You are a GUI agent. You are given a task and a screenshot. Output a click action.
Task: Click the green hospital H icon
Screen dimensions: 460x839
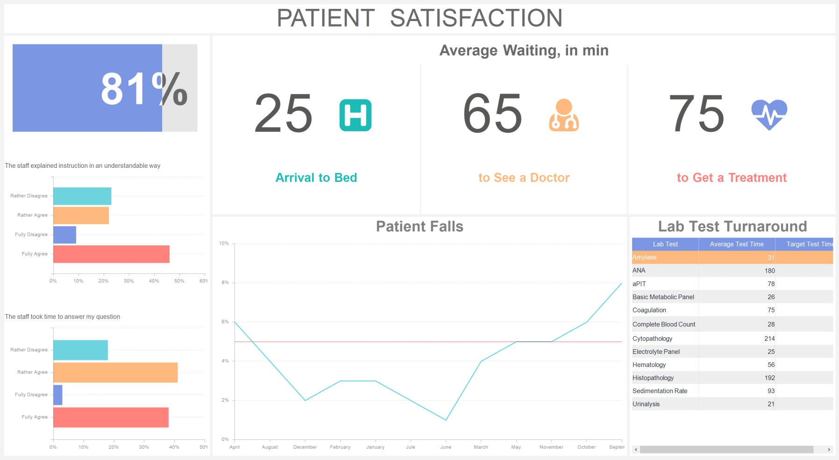[356, 115]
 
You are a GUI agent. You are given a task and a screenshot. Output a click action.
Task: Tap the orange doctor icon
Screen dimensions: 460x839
[564, 115]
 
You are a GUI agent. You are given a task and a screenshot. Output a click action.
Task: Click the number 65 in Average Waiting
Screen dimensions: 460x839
[492, 114]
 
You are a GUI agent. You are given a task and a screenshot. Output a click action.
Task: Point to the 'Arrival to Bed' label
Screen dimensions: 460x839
[316, 178]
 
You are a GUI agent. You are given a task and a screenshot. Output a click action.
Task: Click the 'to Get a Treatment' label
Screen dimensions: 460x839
[732, 178]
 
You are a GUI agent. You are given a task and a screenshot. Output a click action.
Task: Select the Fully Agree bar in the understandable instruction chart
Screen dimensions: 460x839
[111, 254]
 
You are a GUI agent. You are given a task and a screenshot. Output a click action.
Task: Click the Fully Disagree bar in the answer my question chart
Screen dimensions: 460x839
[58, 395]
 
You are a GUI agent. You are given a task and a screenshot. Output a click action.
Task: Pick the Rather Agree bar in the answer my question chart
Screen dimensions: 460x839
[115, 373]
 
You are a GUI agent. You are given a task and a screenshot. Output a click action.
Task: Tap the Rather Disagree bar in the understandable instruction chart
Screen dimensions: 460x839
[82, 196]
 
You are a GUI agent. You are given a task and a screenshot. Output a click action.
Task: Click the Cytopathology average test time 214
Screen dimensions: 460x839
[769, 338]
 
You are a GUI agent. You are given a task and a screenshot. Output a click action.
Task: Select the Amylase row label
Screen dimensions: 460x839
[645, 258]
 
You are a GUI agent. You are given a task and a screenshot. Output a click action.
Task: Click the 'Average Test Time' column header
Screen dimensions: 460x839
[737, 244]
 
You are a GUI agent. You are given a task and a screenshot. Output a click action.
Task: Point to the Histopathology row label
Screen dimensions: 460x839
[653, 378]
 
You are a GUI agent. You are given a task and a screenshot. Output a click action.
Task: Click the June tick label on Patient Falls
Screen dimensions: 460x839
[446, 447]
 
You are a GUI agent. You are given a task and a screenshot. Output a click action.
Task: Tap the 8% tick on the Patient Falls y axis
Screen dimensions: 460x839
[225, 283]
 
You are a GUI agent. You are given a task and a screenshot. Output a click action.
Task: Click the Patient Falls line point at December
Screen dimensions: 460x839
[305, 401]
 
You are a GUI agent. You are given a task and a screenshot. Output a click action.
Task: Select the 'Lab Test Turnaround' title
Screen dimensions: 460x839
[732, 226]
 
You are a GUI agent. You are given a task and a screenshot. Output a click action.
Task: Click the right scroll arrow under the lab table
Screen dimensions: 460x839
[829, 450]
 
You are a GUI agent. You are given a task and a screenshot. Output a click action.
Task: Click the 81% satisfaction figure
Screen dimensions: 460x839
[144, 89]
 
